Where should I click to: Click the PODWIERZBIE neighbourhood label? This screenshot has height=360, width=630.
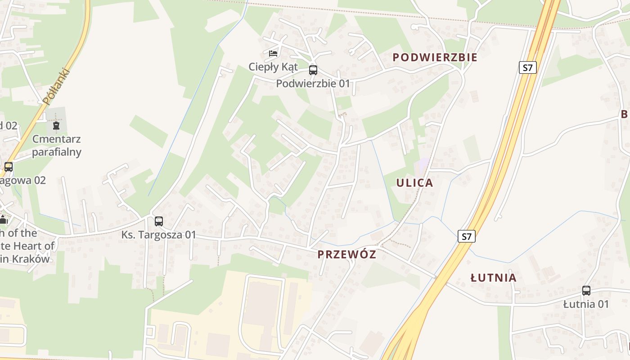[x=435, y=58]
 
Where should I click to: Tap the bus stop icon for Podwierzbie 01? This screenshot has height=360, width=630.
[x=313, y=70]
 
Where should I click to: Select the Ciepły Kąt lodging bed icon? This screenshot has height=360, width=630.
[x=273, y=54]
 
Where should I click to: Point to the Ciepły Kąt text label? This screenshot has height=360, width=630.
[x=273, y=67]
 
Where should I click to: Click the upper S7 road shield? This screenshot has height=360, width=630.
[x=528, y=68]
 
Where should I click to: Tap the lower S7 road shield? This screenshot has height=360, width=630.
[x=467, y=236]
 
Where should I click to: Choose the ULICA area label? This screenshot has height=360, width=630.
[x=414, y=183]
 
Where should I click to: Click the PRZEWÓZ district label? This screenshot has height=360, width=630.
[x=346, y=255]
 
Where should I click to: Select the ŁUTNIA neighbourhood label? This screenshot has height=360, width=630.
[x=493, y=278]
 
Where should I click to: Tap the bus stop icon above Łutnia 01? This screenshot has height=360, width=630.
[x=586, y=291]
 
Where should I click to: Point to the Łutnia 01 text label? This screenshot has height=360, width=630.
[x=586, y=304]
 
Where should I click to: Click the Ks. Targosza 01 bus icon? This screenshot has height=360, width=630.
[x=158, y=221]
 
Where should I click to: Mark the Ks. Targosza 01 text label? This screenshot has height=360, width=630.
[x=159, y=235]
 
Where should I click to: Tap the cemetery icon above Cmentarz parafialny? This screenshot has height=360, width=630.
[x=56, y=126]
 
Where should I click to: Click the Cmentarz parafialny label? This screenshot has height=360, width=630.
[x=57, y=145]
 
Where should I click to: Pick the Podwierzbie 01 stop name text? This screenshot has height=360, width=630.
[x=313, y=83]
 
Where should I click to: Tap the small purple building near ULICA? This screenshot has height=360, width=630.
[x=423, y=165]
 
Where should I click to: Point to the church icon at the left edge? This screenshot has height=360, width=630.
[x=4, y=220]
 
